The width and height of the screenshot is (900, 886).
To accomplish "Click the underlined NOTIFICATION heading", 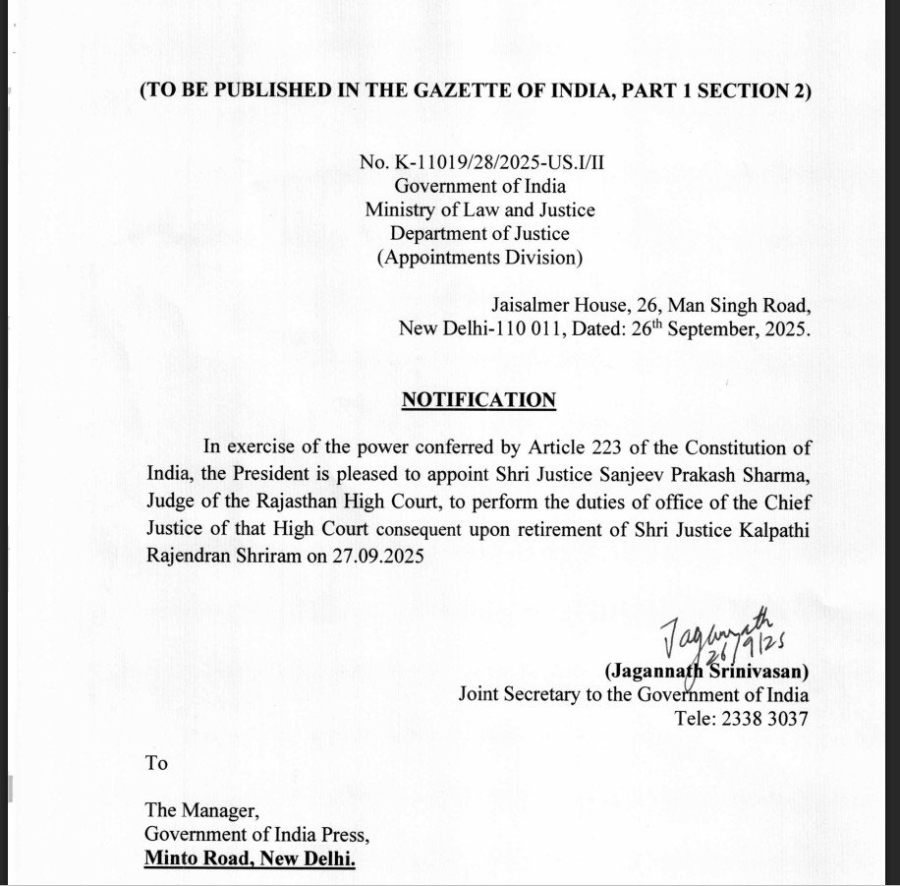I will click(478, 400).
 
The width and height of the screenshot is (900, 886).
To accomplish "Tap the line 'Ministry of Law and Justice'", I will click(479, 209).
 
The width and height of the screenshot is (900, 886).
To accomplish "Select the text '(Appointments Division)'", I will click(479, 258).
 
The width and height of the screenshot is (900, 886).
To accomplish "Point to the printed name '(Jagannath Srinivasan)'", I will click(706, 673).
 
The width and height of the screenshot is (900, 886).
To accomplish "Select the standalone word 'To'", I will click(156, 763).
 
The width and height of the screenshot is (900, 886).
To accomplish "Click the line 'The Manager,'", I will click(201, 812).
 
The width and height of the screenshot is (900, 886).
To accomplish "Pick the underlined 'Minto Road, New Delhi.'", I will click(251, 859).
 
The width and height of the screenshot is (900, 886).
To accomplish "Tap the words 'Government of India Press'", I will click(255, 836).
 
